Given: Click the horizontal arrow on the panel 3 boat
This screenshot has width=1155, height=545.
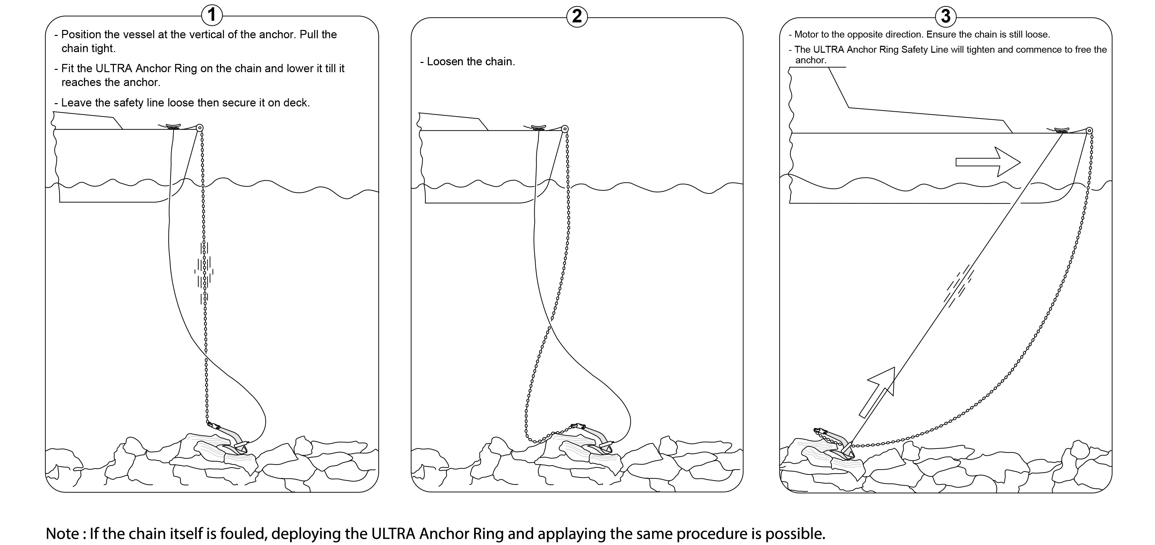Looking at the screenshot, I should click(x=988, y=162).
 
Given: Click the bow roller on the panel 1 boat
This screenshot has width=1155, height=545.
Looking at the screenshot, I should click(x=200, y=128).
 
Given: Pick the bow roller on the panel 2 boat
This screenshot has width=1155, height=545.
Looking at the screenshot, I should click(x=565, y=129).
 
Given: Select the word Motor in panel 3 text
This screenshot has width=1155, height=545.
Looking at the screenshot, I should click(x=806, y=35).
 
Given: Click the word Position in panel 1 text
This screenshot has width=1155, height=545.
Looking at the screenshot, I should click(x=81, y=35).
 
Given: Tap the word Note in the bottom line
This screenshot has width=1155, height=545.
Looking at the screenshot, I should click(x=63, y=534).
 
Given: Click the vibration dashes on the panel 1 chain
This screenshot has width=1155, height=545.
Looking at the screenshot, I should click(x=204, y=272).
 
